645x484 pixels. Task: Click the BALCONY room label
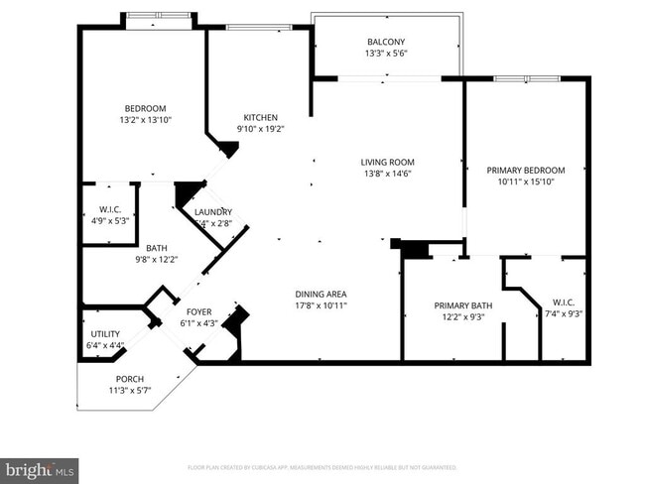tap(387, 42)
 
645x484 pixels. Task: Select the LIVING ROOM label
tap(387, 162)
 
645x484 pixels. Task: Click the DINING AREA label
tap(321, 294)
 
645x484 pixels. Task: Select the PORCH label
tap(130, 379)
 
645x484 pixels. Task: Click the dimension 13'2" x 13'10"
tap(145, 120)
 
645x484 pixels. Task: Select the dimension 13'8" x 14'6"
tap(387, 174)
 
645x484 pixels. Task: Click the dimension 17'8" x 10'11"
tap(321, 305)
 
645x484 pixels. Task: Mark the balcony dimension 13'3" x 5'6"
tap(387, 54)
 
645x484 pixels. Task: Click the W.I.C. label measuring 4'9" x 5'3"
tap(109, 209)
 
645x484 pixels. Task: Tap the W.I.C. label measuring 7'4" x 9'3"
tap(562, 302)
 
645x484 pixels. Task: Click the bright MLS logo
tap(40, 467)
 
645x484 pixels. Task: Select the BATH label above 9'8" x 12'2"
tap(157, 248)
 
